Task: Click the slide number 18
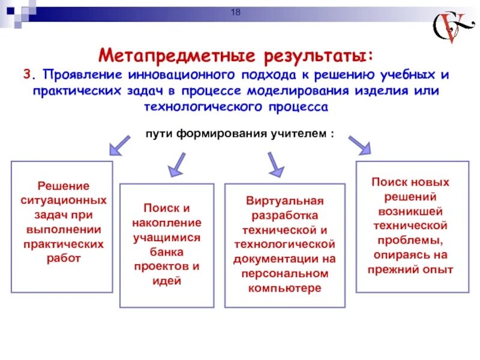coord(235,14)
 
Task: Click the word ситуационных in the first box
coord(62,200)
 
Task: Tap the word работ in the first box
coord(62,258)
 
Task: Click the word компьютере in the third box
coord(284,288)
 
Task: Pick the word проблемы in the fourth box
coord(412,240)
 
